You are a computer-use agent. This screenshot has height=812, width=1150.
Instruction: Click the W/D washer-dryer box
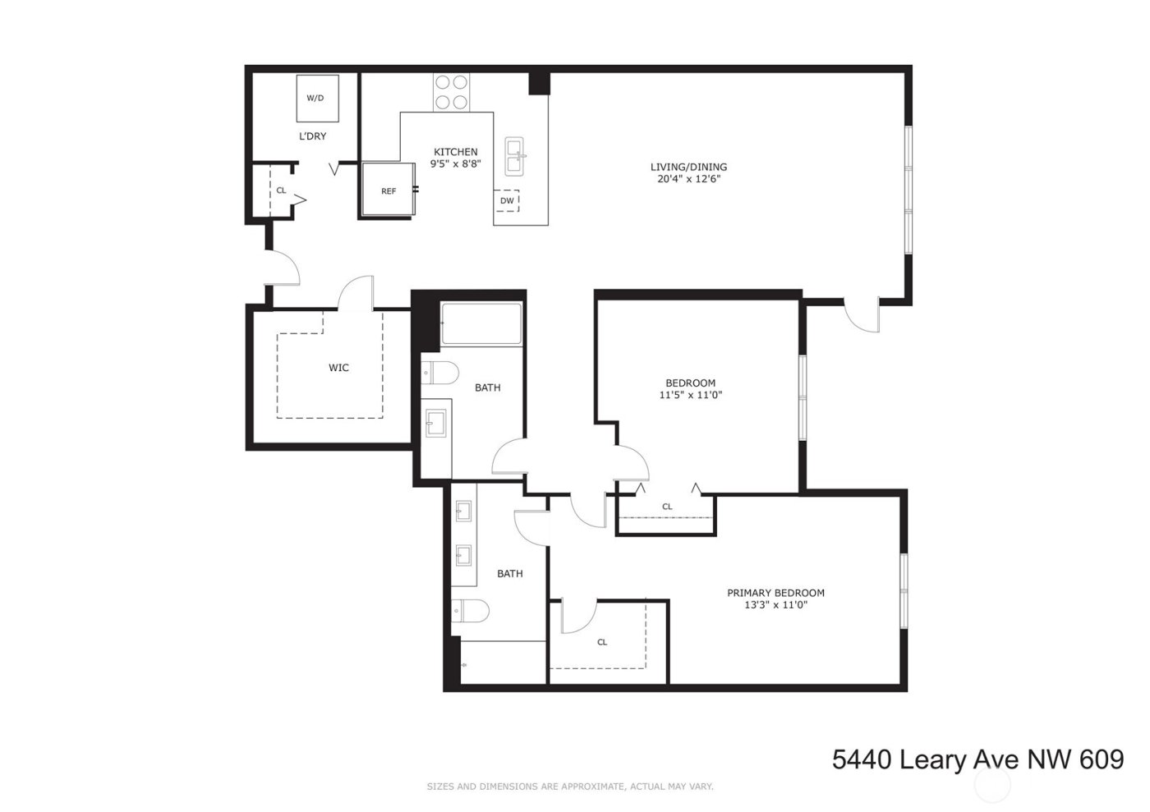[x=316, y=99]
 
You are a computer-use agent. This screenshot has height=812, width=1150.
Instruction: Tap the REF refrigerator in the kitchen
[x=389, y=190]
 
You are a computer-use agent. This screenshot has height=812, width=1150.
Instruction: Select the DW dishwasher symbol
[x=507, y=200]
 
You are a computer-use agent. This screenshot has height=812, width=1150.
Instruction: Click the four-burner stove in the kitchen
[x=451, y=92]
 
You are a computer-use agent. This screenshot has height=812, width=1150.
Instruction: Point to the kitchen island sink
[x=515, y=156]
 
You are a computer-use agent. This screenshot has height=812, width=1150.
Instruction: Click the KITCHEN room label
[x=455, y=152]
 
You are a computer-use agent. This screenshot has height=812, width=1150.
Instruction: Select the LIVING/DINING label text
[x=688, y=167]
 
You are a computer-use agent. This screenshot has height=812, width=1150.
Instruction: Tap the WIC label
[x=338, y=368]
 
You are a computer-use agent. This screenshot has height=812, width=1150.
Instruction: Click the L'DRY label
[x=312, y=136]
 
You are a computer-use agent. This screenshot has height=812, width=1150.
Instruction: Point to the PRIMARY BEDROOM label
[x=775, y=593]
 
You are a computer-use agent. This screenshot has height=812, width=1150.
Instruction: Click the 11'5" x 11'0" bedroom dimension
[x=690, y=395]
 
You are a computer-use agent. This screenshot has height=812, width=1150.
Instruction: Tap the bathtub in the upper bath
[x=481, y=323]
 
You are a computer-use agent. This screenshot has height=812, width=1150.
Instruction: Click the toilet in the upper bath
[x=439, y=373]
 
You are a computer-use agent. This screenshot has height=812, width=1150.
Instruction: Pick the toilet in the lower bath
[x=470, y=612]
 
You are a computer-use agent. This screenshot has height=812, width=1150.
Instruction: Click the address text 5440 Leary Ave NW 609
[x=977, y=759]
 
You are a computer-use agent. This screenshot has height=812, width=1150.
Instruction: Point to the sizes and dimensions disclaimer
[x=570, y=787]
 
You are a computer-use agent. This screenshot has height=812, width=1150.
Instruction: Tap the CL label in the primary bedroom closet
[x=602, y=642]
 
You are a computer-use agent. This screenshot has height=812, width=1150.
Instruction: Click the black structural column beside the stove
[x=539, y=84]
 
